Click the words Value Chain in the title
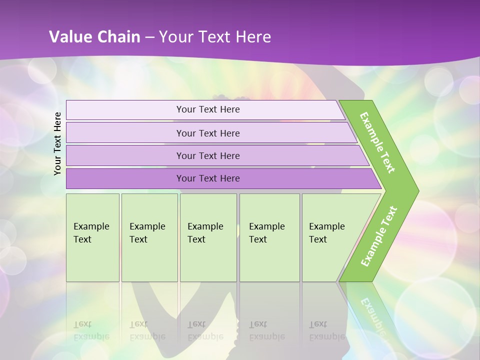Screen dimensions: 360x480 pyautogui.click(x=94, y=37)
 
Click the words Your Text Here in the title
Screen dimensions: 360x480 pyautogui.click(x=215, y=37)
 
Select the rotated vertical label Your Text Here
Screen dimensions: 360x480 pyautogui.click(x=57, y=143)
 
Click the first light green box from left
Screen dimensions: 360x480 pyautogui.click(x=92, y=260)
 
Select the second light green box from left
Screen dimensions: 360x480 pyautogui.click(x=149, y=260)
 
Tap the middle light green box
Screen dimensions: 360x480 pyautogui.click(x=208, y=260)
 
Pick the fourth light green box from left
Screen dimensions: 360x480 pyautogui.click(x=269, y=260)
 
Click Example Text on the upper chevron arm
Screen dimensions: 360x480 pyautogui.click(x=377, y=142)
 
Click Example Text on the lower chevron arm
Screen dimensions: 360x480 pyautogui.click(x=379, y=236)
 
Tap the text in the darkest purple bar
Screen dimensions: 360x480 pyautogui.click(x=208, y=178)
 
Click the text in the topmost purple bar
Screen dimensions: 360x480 pyautogui.click(x=208, y=109)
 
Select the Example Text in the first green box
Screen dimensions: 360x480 pyautogui.click(x=91, y=232)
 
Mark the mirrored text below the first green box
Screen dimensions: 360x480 pyautogui.click(x=91, y=330)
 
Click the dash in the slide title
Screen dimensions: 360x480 pyautogui.click(x=149, y=37)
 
